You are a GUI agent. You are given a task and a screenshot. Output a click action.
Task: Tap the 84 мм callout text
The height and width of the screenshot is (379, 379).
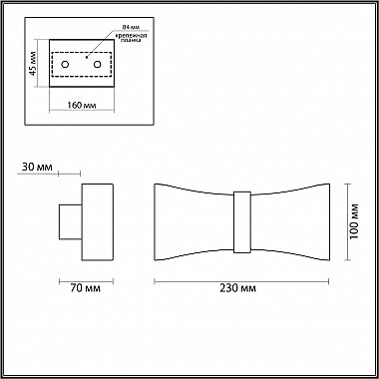pyautogui.click(x=128, y=27)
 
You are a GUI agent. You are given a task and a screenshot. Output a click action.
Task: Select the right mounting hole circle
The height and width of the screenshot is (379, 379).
pyautogui.click(x=98, y=65)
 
